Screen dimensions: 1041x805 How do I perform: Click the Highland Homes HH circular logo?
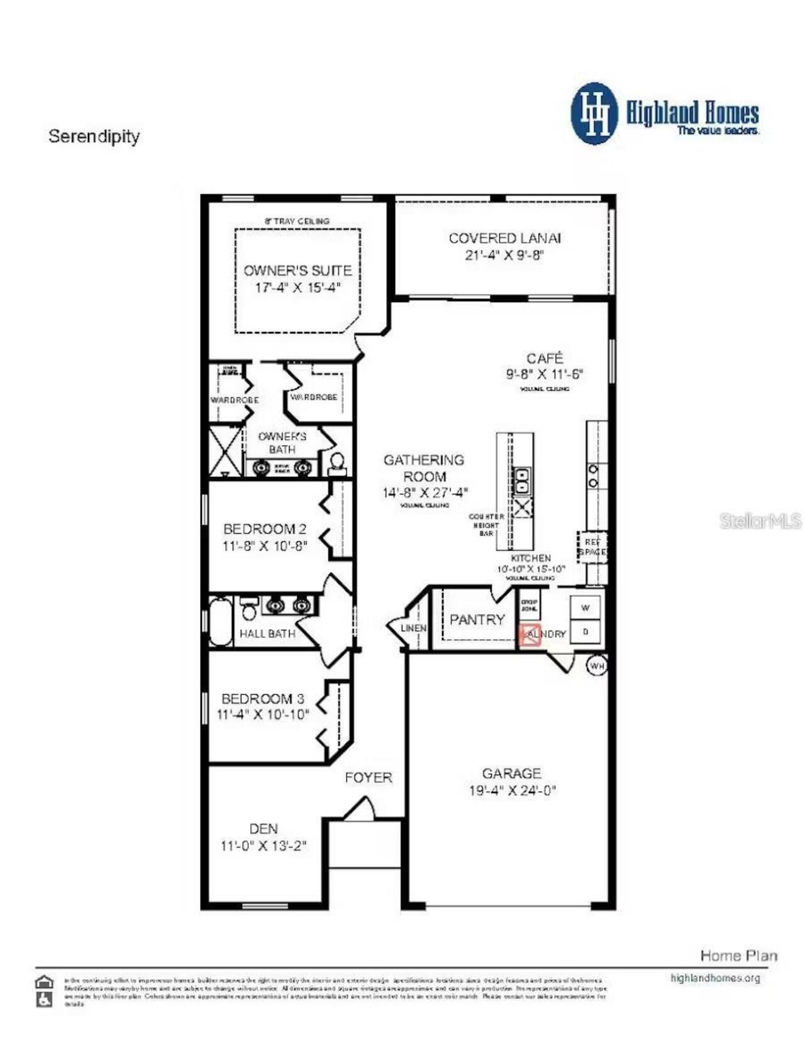(x=594, y=113)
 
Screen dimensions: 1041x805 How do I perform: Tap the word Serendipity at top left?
(x=94, y=136)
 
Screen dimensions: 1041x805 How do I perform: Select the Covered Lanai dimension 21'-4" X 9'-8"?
(x=504, y=255)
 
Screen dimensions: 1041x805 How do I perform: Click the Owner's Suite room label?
(x=297, y=270)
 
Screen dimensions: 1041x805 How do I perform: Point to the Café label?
(x=545, y=359)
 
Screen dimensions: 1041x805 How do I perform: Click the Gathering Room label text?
(x=425, y=468)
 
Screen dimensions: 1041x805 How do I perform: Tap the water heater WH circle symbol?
(x=597, y=665)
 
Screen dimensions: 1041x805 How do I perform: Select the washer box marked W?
(x=586, y=608)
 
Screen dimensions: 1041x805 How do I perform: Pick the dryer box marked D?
(x=586, y=632)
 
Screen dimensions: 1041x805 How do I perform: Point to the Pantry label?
(x=477, y=620)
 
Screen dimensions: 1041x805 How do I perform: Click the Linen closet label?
(x=413, y=628)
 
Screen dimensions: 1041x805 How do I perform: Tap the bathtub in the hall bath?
(x=220, y=621)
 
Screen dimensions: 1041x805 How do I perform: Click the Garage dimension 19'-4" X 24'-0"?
(x=512, y=791)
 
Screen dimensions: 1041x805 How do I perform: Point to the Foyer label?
(x=369, y=777)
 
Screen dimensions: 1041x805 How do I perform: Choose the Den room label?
(x=263, y=828)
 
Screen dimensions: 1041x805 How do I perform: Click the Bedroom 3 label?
(x=263, y=699)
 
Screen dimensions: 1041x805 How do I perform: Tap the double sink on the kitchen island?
(x=521, y=481)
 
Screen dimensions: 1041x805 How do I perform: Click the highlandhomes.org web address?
(x=715, y=978)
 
